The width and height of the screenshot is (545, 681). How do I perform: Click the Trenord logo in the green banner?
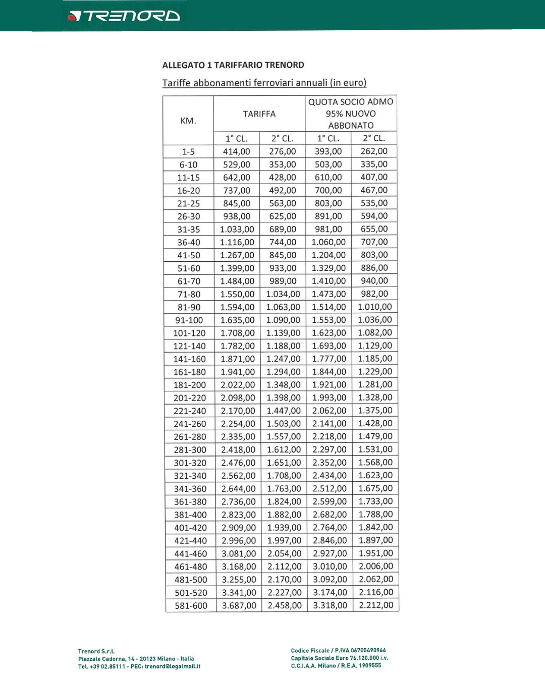pyautogui.click(x=124, y=16)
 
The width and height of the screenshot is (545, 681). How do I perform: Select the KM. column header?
pyautogui.click(x=188, y=121)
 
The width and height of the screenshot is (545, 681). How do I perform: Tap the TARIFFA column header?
pyautogui.click(x=259, y=114)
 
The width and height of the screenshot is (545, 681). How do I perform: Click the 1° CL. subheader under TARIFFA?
pyautogui.click(x=236, y=139)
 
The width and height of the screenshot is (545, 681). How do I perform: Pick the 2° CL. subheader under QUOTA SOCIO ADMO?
pyautogui.click(x=374, y=138)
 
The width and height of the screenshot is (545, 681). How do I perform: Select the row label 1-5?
pyautogui.click(x=188, y=152)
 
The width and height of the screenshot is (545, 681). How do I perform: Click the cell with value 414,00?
pyautogui.click(x=236, y=151)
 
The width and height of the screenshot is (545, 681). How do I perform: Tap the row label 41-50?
pyautogui.click(x=189, y=255)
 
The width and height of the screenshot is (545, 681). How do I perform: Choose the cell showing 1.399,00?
pyautogui.click(x=237, y=268)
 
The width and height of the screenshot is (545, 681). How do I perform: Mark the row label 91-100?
pyautogui.click(x=189, y=320)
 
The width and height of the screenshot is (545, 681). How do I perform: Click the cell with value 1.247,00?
pyautogui.click(x=283, y=359)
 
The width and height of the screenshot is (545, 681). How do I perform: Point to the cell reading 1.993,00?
pyautogui.click(x=329, y=398)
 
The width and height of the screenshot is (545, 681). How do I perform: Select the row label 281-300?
pyautogui.click(x=190, y=450)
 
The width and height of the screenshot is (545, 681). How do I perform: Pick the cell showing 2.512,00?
pyautogui.click(x=330, y=489)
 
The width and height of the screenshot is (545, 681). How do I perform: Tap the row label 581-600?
pyautogui.click(x=191, y=606)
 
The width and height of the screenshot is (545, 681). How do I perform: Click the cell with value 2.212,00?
pyautogui.click(x=376, y=605)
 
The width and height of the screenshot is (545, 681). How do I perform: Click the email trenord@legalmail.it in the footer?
pyautogui.click(x=173, y=666)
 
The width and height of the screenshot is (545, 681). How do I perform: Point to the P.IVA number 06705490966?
pyautogui.click(x=368, y=650)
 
